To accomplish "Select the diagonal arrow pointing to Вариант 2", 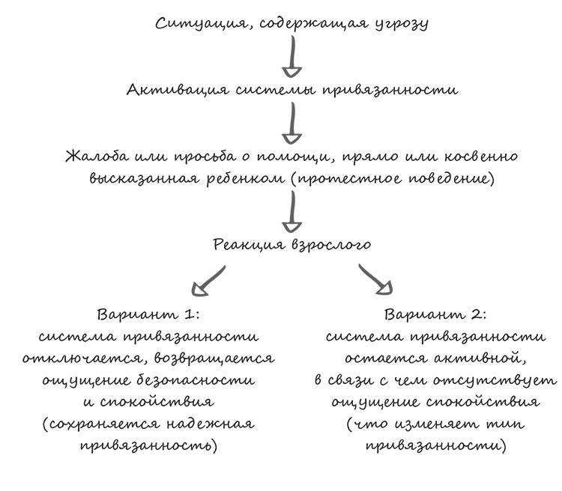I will tap(377, 280).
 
